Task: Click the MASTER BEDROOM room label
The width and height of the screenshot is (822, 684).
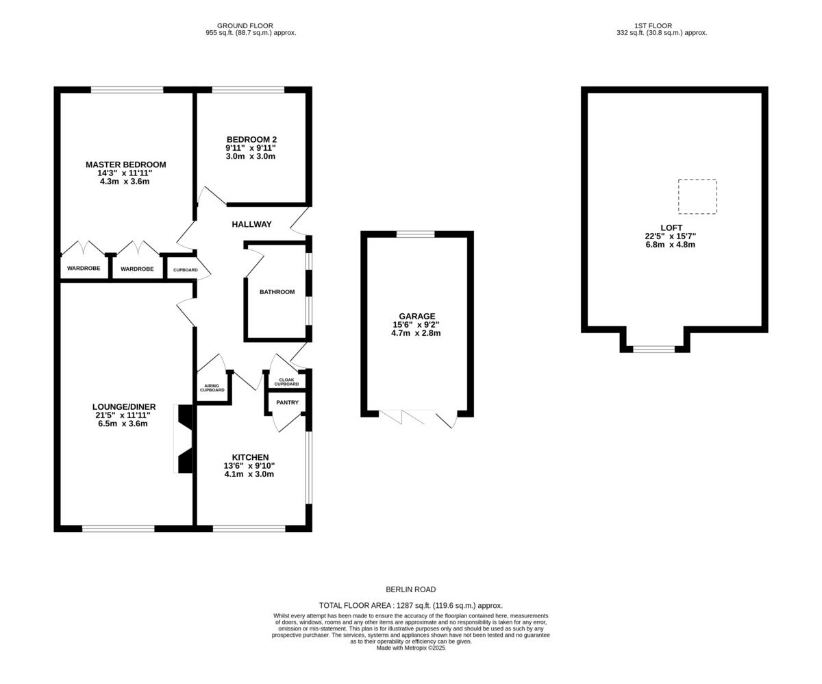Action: pos(125,164)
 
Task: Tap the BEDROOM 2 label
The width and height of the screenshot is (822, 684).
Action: pos(251,140)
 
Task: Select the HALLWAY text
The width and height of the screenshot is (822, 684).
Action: pos(251,224)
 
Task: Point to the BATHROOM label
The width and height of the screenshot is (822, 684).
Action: pos(277,292)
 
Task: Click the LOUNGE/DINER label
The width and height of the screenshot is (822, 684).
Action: pos(124,407)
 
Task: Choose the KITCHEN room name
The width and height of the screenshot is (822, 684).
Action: pos(250,457)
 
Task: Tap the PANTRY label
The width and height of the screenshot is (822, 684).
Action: pos(287,402)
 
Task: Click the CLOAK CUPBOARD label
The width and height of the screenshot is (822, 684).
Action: pos(286,382)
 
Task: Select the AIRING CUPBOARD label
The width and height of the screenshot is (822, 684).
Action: pos(212,388)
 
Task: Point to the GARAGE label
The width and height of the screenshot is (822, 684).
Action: pos(417,317)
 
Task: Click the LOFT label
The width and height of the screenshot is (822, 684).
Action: pos(671,228)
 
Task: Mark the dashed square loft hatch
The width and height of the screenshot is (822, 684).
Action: pos(697,197)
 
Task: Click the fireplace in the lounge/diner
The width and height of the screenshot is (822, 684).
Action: pos(184,439)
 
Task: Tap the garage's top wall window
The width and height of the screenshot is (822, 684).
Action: pos(416,234)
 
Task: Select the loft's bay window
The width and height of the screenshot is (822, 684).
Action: pos(653,350)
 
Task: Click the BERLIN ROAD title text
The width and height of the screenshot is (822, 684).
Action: pos(410,589)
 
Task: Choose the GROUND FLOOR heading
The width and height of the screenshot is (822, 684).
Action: pos(245,25)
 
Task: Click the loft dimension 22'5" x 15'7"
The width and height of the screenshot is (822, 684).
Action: pos(670,236)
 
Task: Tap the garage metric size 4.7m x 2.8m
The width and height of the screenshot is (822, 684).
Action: pos(415,333)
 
